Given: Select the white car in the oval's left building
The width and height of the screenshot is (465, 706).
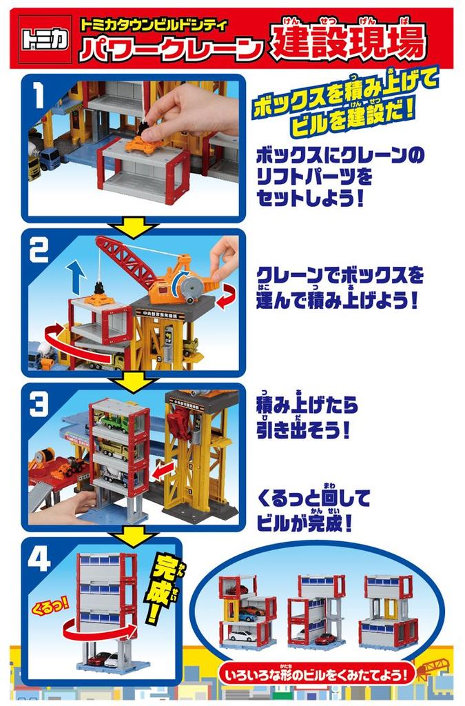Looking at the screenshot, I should click(x=240, y=636).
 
